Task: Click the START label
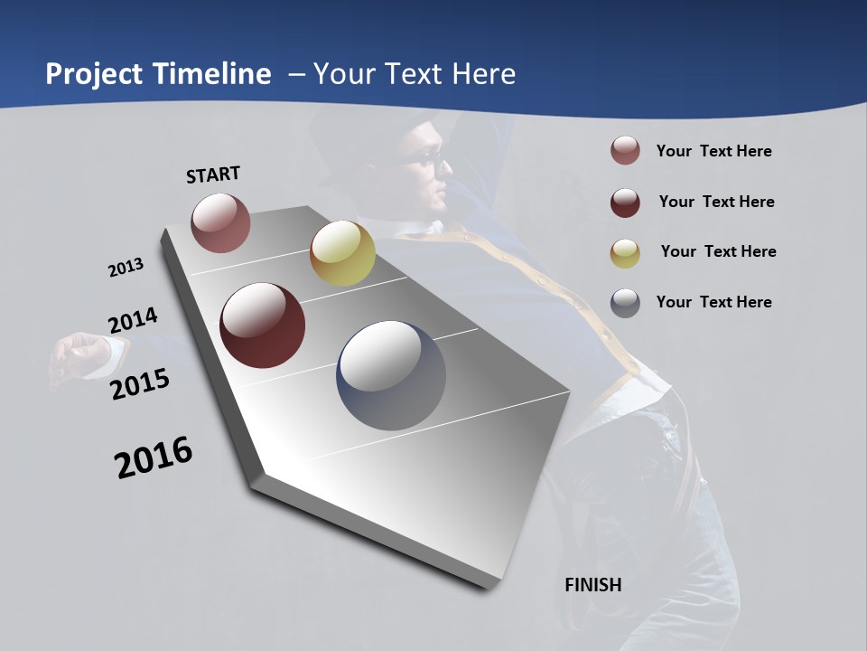tap(213, 174)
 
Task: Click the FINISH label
tap(592, 585)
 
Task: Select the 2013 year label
tap(126, 267)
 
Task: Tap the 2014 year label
tap(133, 321)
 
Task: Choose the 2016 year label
tap(154, 457)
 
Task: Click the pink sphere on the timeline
tap(220, 222)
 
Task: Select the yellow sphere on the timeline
tap(342, 253)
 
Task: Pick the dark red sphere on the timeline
tap(263, 325)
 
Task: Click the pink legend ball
tap(625, 151)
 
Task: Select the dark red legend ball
tap(625, 202)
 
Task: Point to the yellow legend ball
tap(625, 252)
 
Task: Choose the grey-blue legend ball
tap(625, 303)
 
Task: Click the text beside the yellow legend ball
tap(718, 251)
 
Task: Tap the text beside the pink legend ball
tap(713, 151)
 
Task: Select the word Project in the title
tap(93, 74)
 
